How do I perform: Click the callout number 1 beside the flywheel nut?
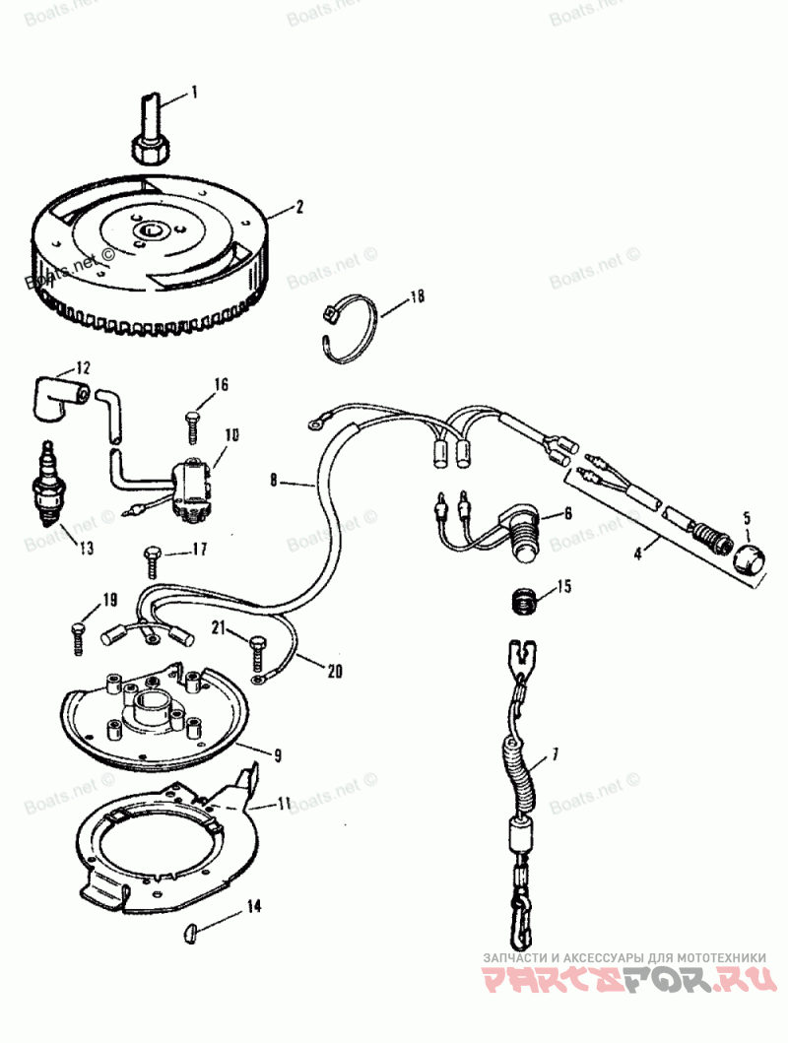tap(194, 93)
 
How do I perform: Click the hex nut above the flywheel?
tap(150, 147)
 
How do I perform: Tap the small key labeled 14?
tap(193, 929)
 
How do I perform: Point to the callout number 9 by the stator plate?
tap(278, 756)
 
